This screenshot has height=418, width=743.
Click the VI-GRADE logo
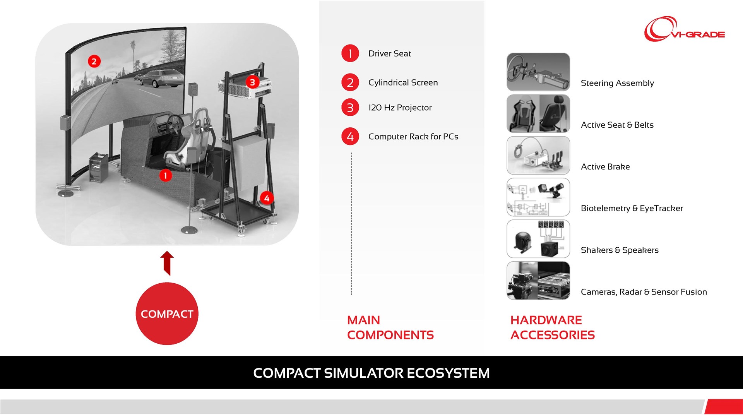coord(684,29)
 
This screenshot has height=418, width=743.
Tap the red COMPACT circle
coord(167,313)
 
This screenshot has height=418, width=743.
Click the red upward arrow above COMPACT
coord(167,263)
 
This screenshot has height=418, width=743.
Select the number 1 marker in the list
coord(350,53)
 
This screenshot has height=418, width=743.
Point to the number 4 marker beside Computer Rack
coord(350,137)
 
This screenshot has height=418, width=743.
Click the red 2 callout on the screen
coord(94,61)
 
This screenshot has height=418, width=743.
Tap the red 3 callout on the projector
coord(252,82)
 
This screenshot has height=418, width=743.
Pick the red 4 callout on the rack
coord(267,198)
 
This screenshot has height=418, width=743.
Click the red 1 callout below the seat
coord(165,175)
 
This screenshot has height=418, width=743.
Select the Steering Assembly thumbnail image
coord(538,72)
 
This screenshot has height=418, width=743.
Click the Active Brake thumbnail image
coord(538,156)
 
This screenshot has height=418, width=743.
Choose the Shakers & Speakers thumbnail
coord(538,239)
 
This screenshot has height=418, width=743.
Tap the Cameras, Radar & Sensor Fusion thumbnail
coord(538,281)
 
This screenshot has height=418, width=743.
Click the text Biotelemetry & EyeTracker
coord(632,208)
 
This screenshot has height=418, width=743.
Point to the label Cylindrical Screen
coord(403,82)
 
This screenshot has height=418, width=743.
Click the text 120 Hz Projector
coord(400,108)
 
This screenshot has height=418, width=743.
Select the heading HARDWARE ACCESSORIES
coord(552,327)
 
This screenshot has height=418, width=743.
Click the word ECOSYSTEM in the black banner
coord(448,373)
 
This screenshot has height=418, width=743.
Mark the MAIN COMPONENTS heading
coord(390,327)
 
